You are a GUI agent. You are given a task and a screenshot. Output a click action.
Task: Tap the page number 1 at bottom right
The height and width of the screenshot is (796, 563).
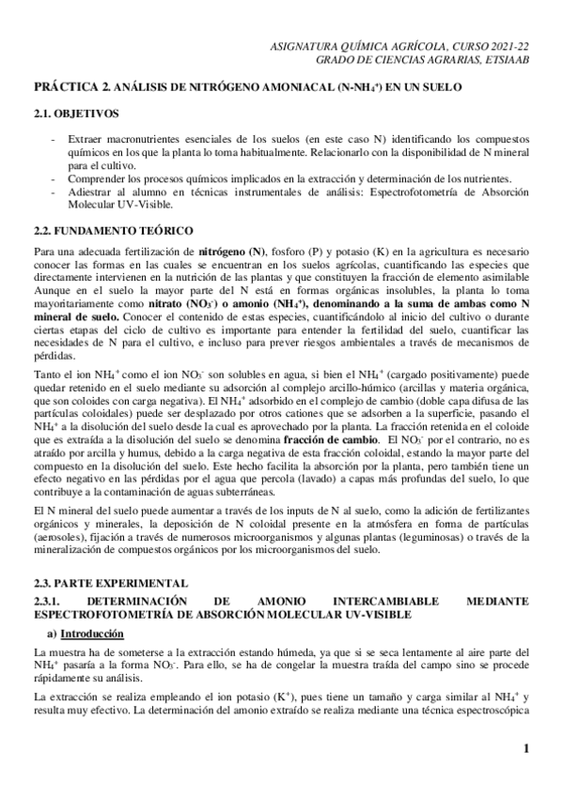(x=527, y=748)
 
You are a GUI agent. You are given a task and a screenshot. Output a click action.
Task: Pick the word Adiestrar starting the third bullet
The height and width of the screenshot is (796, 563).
(x=91, y=191)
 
